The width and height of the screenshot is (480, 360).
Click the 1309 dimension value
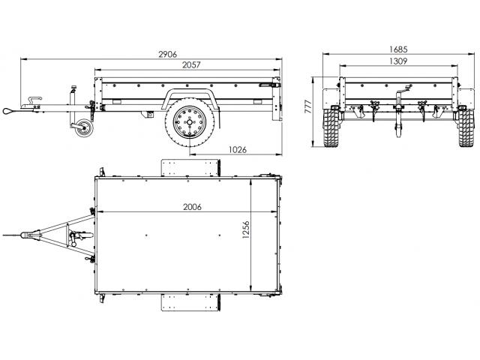398,61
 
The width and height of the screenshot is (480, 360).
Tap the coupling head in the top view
30,235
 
